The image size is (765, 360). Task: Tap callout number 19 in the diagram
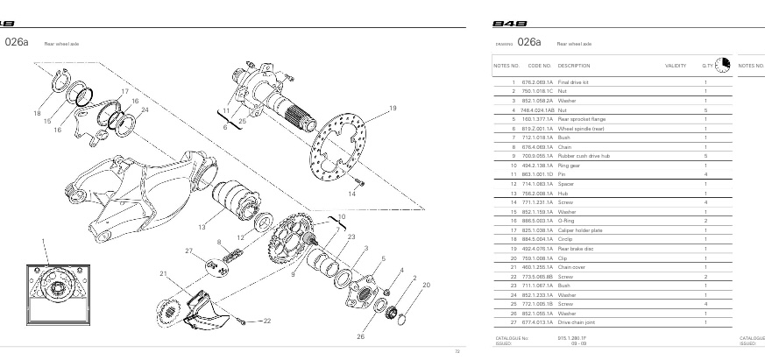[393, 108]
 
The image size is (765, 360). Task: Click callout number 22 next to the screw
[267, 321]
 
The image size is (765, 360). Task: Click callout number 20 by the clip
[426, 286]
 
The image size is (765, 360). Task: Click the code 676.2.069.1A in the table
[539, 81]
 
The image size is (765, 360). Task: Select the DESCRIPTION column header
[574, 66]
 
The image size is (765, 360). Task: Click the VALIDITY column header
[676, 66]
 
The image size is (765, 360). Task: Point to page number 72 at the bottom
[457, 352]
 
